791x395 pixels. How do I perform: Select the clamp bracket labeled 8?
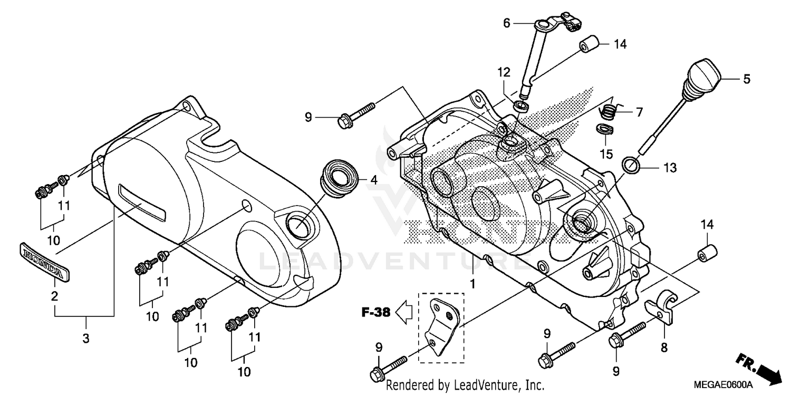661,308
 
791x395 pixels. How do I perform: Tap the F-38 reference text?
375,313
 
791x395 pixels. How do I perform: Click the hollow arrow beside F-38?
406,313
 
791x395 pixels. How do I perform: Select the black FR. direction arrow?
759,370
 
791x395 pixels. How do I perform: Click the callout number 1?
473,284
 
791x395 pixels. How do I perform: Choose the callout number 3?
86,339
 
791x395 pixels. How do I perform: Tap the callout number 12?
503,71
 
